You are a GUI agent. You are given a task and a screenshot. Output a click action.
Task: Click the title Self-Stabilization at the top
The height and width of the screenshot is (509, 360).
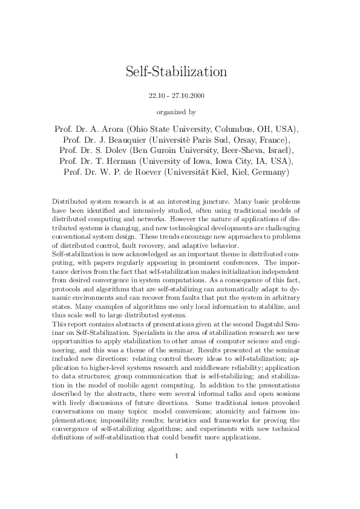tap(176, 72)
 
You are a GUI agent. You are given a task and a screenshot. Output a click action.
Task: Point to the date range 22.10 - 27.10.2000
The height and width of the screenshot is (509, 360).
tap(176, 96)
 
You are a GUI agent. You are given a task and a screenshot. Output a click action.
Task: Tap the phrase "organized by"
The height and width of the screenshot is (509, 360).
tap(176, 111)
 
